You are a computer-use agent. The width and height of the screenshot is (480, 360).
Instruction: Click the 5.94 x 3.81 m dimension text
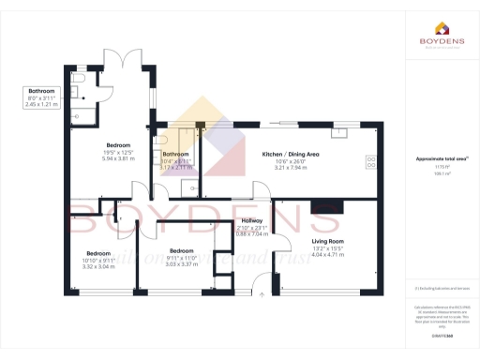pyautogui.click(x=119, y=159)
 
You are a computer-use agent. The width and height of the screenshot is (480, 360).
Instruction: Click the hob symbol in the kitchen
pyautogui.click(x=372, y=161)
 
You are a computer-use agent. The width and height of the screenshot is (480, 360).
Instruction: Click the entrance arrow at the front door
pyautogui.click(x=263, y=293)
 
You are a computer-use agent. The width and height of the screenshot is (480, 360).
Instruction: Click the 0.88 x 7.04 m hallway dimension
pyautogui.click(x=253, y=233)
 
